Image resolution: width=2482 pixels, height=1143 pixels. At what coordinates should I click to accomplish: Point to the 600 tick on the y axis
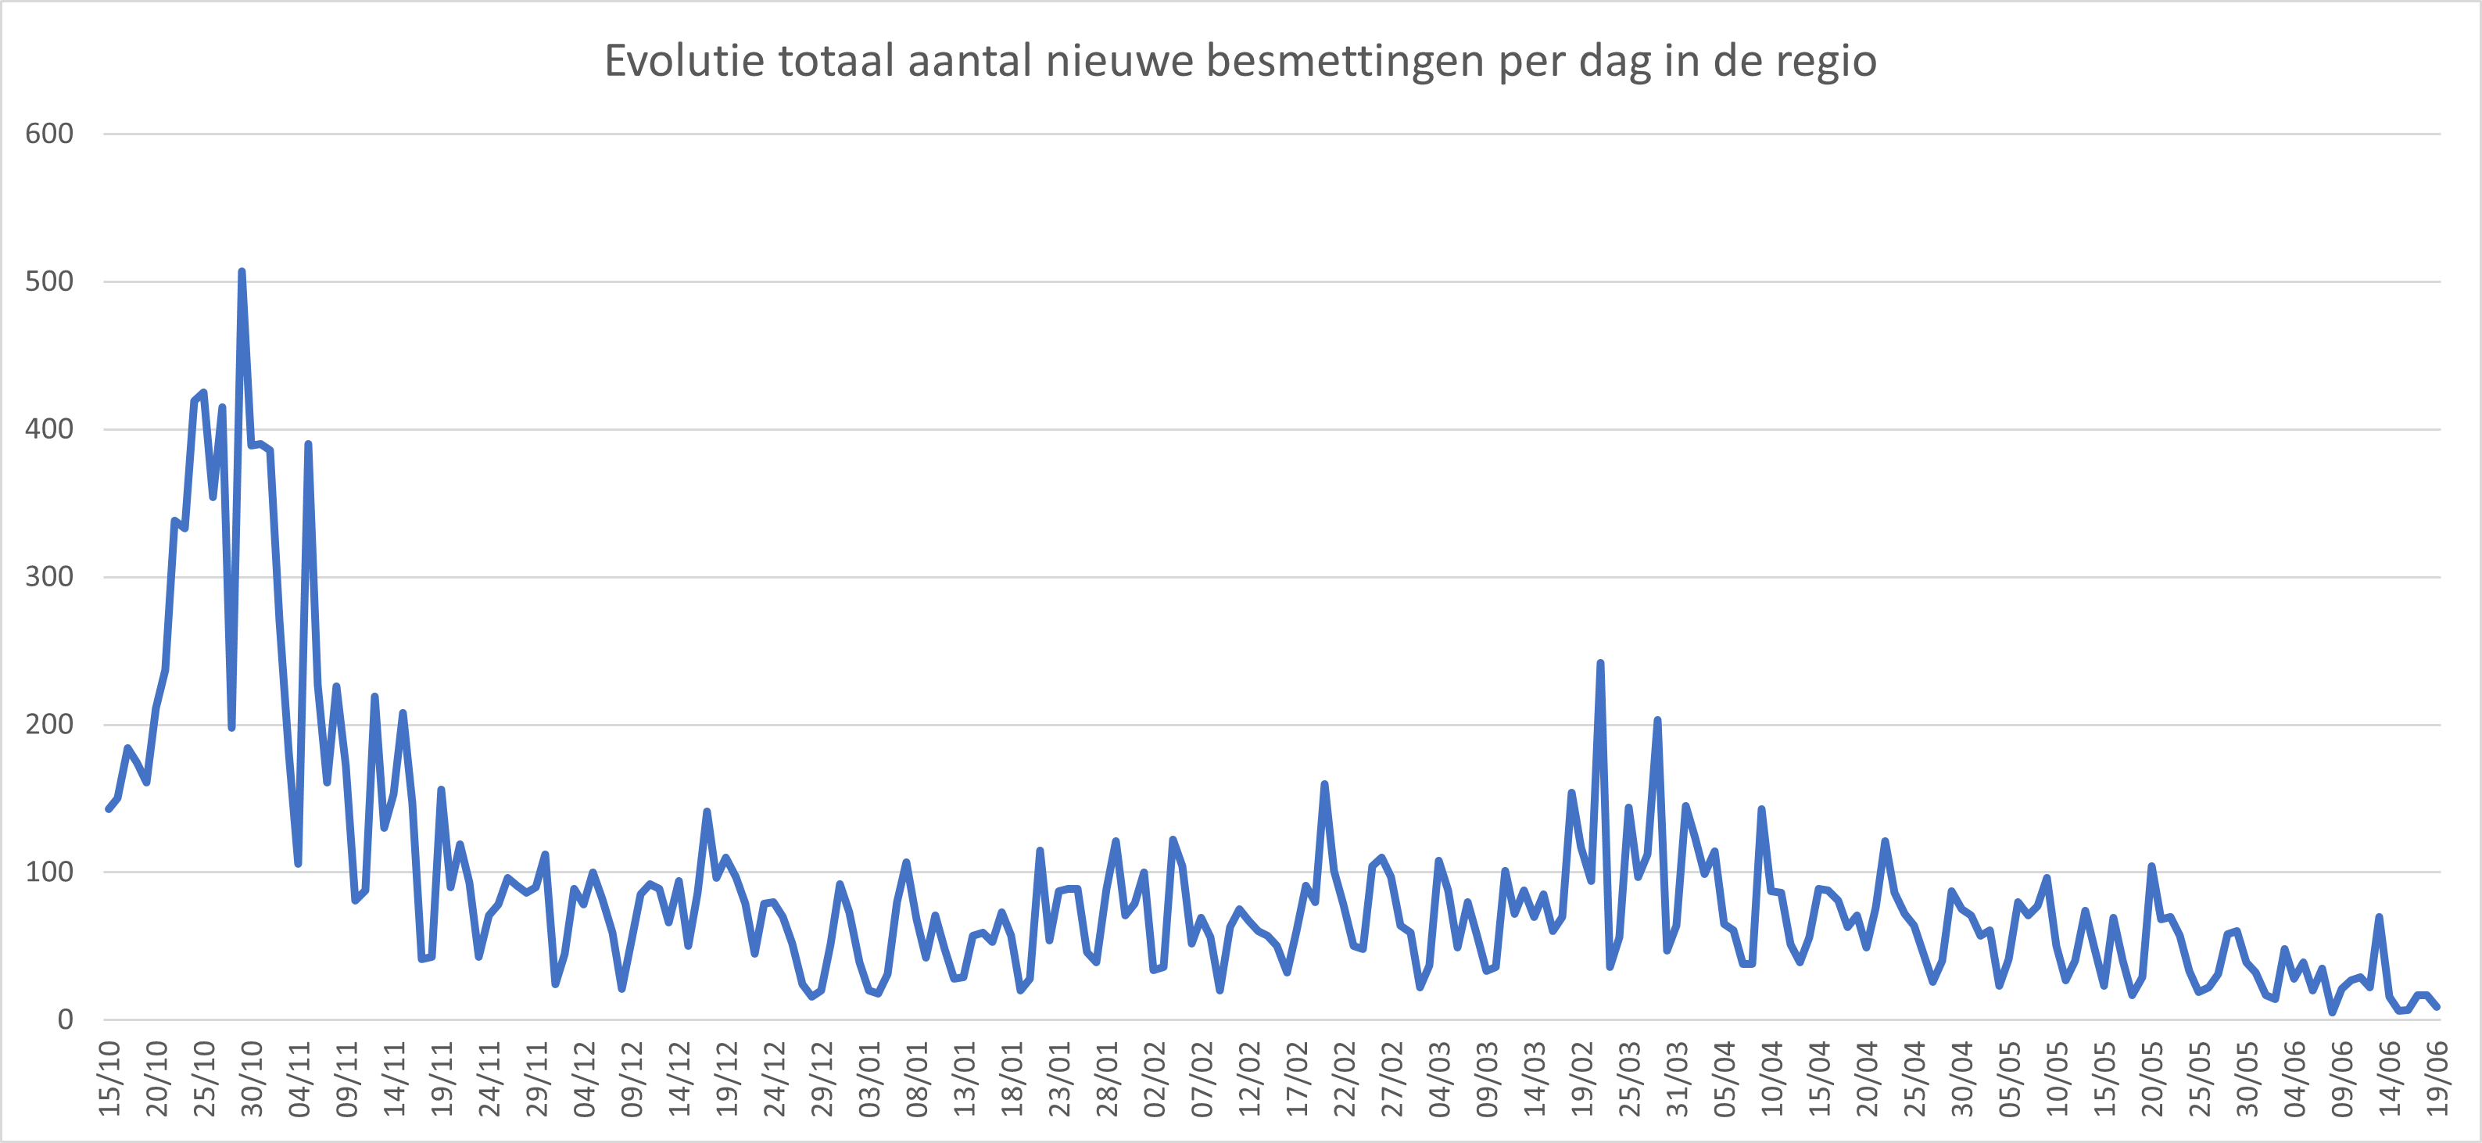49,134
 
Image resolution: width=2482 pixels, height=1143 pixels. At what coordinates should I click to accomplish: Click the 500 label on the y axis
49,281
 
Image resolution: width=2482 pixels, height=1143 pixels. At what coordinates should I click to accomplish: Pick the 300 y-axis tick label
49,576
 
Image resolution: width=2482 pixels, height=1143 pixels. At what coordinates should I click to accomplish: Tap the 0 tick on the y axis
65,1019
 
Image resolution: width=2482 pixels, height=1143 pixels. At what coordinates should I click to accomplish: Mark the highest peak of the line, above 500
241,272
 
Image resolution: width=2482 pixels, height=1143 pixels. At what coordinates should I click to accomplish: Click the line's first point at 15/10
108,808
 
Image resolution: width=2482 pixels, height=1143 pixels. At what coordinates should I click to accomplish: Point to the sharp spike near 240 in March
1600,663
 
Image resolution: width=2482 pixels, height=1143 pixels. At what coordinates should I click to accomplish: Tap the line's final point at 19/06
2437,1006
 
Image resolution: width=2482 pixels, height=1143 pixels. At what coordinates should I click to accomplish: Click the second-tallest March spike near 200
1657,720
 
